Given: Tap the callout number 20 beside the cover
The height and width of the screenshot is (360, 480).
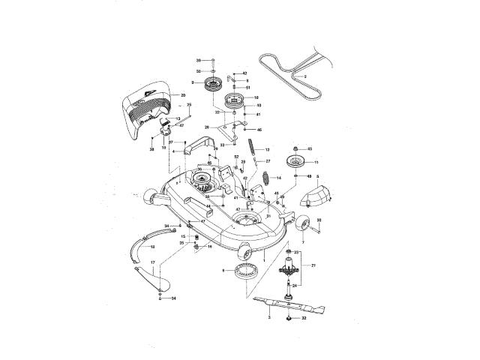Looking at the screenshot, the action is pyautogui.click(x=182, y=95).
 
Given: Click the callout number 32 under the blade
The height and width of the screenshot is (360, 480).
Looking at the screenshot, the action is pyautogui.click(x=304, y=318).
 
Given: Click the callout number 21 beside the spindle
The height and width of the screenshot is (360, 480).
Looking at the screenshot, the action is pyautogui.click(x=313, y=265).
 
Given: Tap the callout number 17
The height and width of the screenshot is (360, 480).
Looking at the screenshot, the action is pyautogui.click(x=152, y=262).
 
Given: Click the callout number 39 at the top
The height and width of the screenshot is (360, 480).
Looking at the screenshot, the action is pyautogui.click(x=199, y=59).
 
